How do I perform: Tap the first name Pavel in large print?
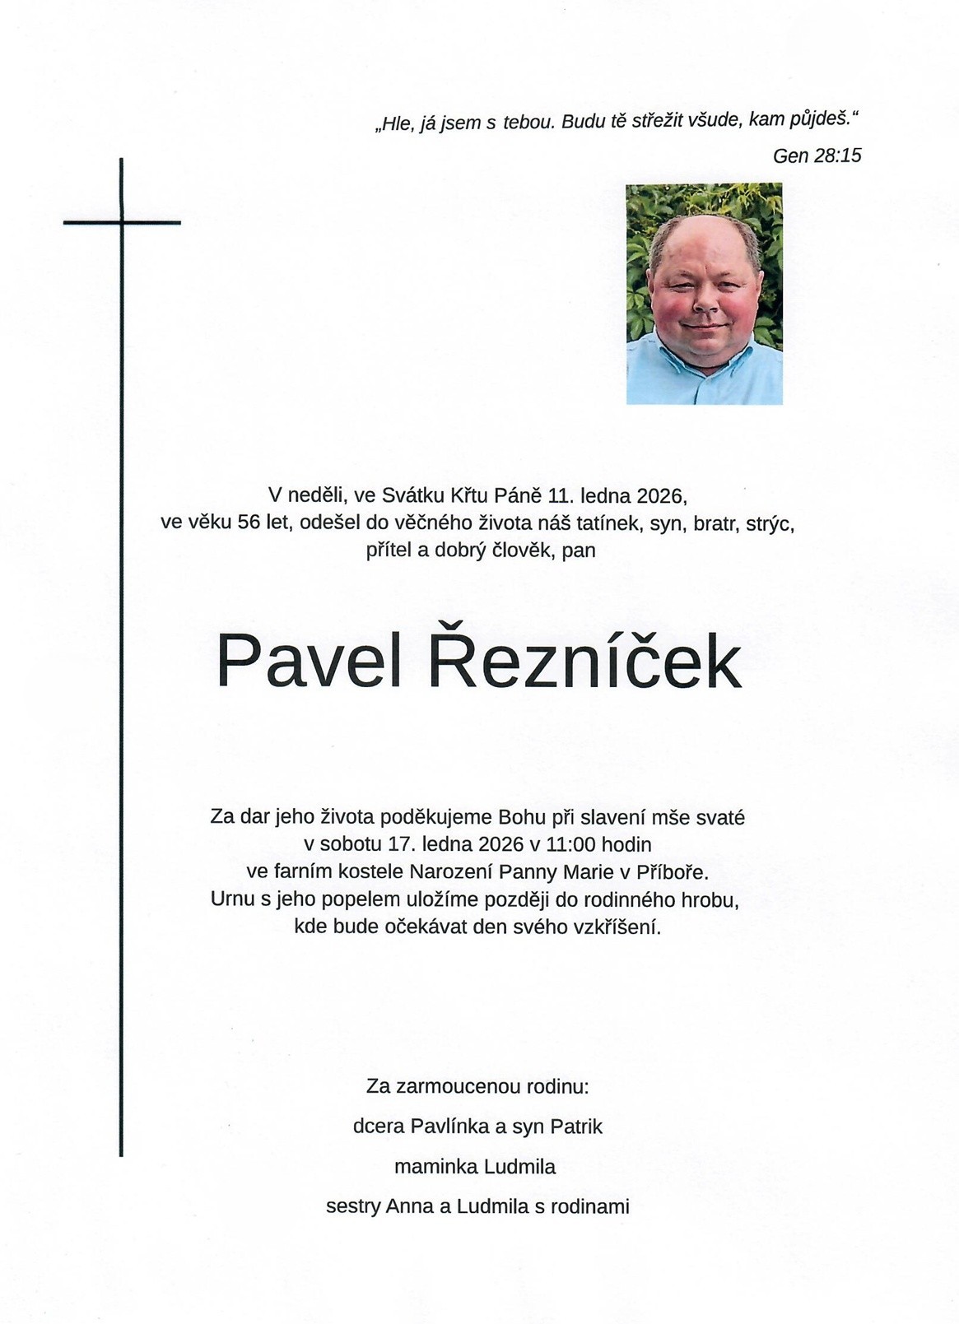[x=309, y=662]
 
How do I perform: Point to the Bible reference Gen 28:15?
[x=817, y=156]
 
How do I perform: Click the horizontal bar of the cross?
[x=122, y=222]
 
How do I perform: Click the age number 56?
[x=249, y=523]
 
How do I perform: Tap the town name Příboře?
[x=672, y=872]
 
